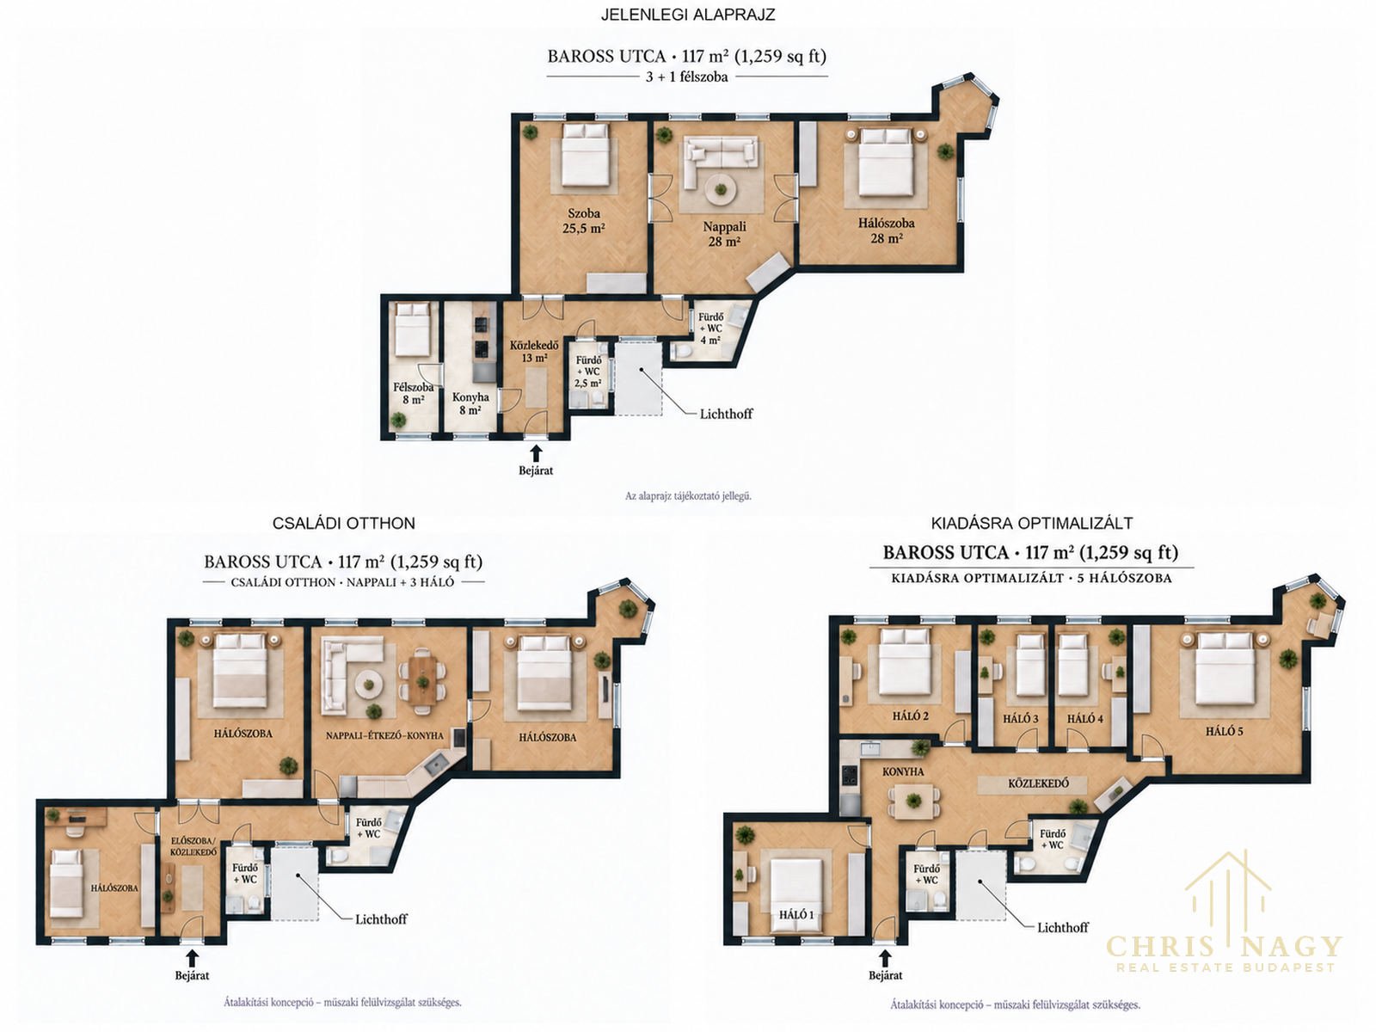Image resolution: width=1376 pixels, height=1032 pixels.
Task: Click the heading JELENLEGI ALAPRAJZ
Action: [x=688, y=15]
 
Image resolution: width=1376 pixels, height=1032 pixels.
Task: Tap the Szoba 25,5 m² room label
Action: [x=583, y=221]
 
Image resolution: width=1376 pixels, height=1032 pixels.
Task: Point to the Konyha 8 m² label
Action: [x=470, y=403]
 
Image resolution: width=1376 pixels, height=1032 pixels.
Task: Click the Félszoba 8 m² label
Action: [x=413, y=394]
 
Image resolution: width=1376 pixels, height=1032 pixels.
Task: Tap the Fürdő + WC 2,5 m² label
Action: [x=588, y=372]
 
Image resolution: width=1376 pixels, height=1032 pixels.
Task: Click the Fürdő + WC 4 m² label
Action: [x=710, y=329]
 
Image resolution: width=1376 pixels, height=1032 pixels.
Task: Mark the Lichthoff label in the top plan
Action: [x=726, y=414]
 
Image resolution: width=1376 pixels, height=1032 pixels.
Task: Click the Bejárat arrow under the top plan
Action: [x=536, y=453]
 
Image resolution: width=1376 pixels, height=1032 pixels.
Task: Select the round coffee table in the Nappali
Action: [x=722, y=188]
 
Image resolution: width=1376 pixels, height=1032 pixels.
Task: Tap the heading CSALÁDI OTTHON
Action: [x=343, y=523]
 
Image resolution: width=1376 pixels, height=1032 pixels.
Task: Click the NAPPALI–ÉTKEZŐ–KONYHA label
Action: [x=384, y=735]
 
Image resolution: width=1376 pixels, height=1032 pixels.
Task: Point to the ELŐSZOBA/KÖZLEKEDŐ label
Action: [x=193, y=846]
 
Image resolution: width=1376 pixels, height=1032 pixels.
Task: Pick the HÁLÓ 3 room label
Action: [x=1021, y=719]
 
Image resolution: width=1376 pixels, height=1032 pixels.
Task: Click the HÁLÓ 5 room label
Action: [x=1225, y=731]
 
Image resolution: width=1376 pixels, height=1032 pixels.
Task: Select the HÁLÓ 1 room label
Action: [x=796, y=914]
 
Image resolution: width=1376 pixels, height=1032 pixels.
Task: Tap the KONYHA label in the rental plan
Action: [x=903, y=771]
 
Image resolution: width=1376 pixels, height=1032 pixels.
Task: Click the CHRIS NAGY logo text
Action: [x=1225, y=945]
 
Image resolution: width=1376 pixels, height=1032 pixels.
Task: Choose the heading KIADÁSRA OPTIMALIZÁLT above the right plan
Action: [x=1032, y=523]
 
